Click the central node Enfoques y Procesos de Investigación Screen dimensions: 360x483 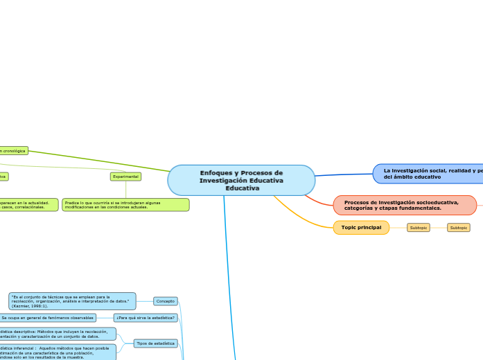(x=241, y=180)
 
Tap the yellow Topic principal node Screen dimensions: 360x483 (x=361, y=227)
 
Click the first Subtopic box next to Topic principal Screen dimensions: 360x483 (x=418, y=227)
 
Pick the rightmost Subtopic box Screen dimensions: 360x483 (x=458, y=227)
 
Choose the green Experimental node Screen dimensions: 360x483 (x=125, y=177)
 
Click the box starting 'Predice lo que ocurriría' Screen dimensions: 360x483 (x=125, y=205)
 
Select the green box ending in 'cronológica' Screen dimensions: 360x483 (x=13, y=150)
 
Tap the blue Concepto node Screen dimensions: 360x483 (x=166, y=301)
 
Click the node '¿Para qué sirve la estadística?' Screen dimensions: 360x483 (x=146, y=318)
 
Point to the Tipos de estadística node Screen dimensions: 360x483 (x=155, y=343)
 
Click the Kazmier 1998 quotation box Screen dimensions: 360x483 (x=72, y=300)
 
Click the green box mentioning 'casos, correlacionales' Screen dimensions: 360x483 (x=28, y=205)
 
